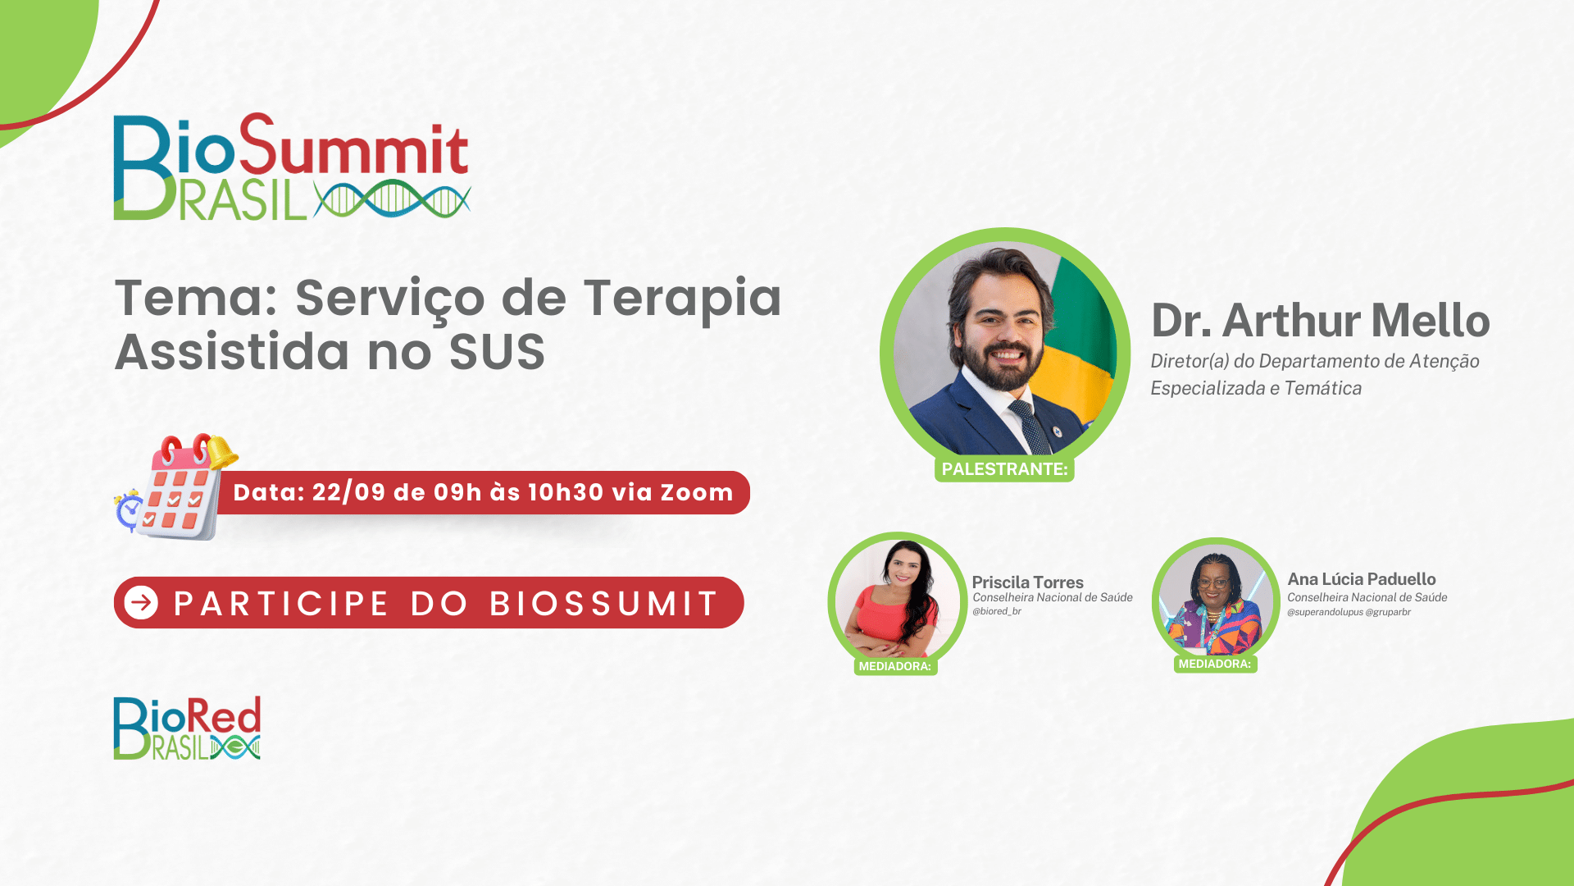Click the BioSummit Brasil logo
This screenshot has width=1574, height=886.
point(292,167)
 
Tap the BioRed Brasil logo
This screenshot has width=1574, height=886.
point(187,728)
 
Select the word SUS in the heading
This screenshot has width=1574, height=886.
point(497,352)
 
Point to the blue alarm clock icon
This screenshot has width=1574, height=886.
point(129,510)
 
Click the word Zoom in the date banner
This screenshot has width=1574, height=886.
point(697,492)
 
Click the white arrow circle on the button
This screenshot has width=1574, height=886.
point(141,603)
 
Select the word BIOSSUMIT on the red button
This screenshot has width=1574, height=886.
point(604,604)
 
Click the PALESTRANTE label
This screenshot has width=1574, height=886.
point(1004,469)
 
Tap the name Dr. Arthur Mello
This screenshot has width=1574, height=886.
point(1321,320)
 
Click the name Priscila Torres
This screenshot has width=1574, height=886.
point(1028,582)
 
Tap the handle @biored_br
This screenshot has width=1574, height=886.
point(997,611)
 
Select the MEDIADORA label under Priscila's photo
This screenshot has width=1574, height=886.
point(895,666)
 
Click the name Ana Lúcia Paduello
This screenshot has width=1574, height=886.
point(1362,579)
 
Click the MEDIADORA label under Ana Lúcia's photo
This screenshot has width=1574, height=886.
point(1215,664)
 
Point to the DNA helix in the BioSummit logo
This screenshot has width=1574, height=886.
point(393,199)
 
